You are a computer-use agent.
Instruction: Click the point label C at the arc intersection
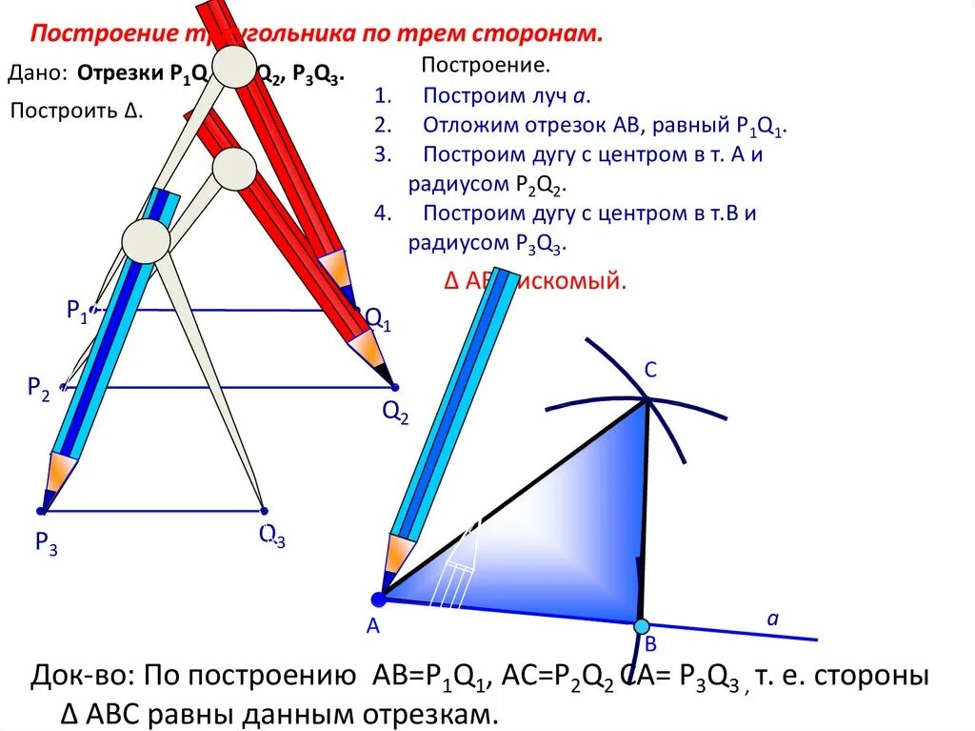(x=650, y=372)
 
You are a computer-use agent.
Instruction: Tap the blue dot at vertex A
(x=378, y=599)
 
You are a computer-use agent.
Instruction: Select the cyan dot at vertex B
(x=642, y=626)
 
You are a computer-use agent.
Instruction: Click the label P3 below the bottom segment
(x=46, y=544)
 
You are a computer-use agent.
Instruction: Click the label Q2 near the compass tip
(x=395, y=412)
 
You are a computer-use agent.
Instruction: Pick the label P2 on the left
(x=39, y=387)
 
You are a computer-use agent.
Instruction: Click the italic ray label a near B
(x=773, y=619)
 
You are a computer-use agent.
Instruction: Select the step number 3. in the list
(x=383, y=155)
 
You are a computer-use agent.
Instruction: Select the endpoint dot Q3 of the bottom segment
(x=265, y=511)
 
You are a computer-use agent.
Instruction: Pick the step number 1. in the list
(x=383, y=96)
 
